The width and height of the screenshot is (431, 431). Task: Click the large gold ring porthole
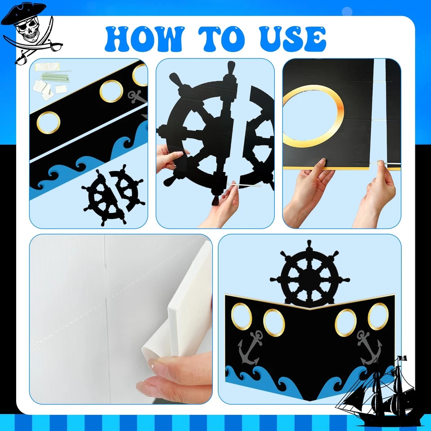pyautogui.click(x=313, y=116)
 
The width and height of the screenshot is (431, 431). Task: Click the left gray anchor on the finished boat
pyautogui.click(x=250, y=347)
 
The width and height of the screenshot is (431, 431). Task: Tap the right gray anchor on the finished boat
pyautogui.click(x=369, y=347)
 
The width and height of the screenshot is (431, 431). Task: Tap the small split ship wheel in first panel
pyautogui.click(x=113, y=196)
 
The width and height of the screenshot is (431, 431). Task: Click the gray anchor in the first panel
pyautogui.click(x=137, y=96)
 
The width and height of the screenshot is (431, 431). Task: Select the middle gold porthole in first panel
pyautogui.click(x=111, y=91)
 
